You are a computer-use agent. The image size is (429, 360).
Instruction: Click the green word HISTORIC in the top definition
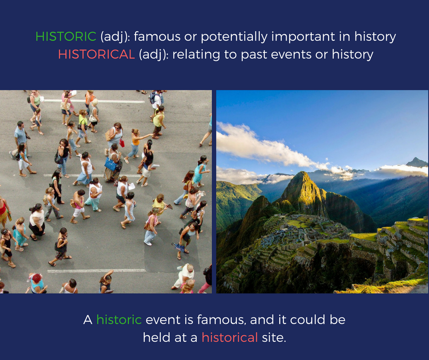pyautogui.click(x=66, y=37)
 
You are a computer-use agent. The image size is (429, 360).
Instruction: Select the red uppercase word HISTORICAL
pyautogui.click(x=96, y=54)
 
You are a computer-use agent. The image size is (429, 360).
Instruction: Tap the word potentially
pyautogui.click(x=234, y=37)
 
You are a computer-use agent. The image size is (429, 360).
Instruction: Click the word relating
pyautogui.click(x=196, y=55)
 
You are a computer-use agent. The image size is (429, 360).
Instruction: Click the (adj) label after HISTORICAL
pyautogui.click(x=153, y=55)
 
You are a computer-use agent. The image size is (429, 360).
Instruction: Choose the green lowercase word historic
pyautogui.click(x=119, y=320)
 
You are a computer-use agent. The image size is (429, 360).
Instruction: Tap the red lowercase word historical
pyautogui.click(x=230, y=337)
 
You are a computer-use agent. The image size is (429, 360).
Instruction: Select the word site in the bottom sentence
pyautogui.click(x=274, y=337)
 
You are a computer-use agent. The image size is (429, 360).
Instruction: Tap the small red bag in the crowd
pyautogui.click(x=122, y=143)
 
